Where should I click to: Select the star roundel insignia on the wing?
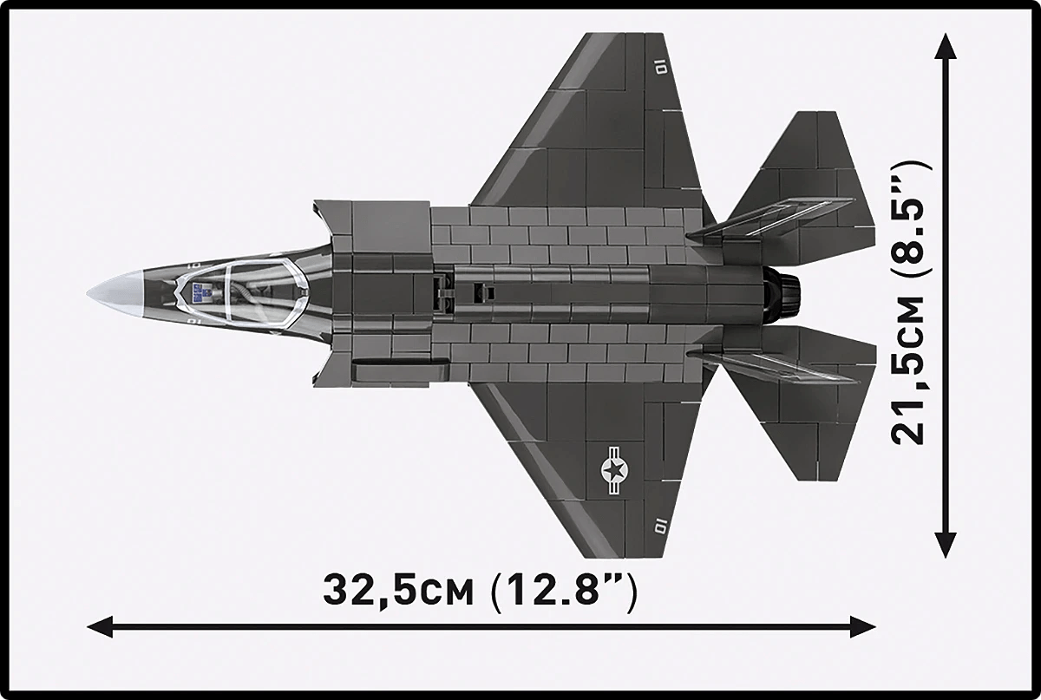click(615, 471)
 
